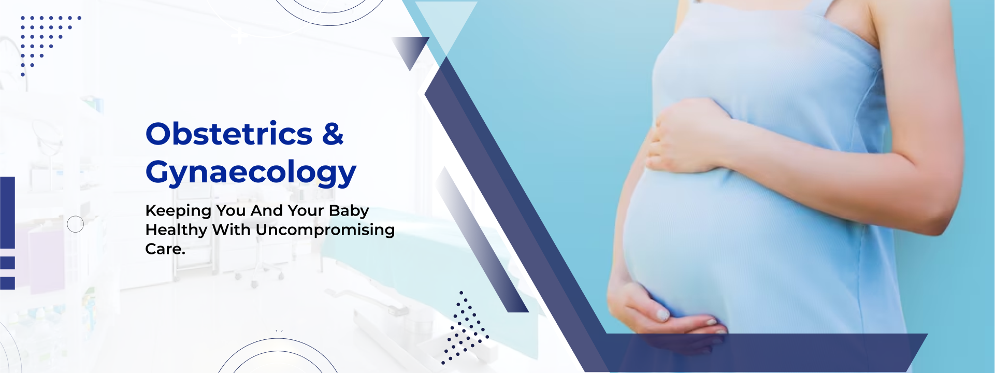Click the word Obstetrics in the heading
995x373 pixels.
click(229, 134)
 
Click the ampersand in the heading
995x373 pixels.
click(333, 134)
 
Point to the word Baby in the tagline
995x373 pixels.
click(349, 211)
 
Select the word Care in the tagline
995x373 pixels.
click(163, 249)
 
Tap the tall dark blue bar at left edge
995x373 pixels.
click(7, 212)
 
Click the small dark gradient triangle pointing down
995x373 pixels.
click(411, 50)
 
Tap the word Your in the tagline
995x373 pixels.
click(306, 211)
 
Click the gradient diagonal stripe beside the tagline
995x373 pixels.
click(482, 239)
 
